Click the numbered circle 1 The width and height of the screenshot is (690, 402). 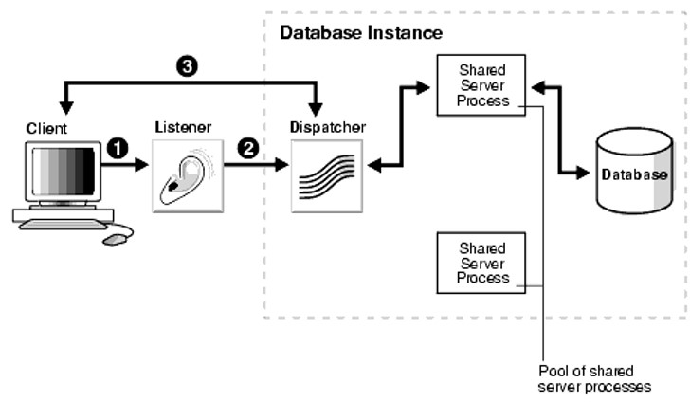pos(118,148)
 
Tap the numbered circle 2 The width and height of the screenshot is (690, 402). pos(248,148)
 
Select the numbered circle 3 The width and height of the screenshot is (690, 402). pos(187,66)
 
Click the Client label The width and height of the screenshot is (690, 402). pos(46,129)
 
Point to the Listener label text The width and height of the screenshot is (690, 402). pos(183,127)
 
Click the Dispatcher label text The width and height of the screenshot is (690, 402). pos(328,127)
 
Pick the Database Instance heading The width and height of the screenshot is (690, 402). pos(361,33)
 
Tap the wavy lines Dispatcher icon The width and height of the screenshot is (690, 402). pos(327,176)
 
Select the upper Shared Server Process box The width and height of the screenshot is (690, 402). pos(481,85)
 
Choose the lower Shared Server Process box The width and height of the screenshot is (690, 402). pos(481,263)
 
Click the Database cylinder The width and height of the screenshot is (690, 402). pos(634,171)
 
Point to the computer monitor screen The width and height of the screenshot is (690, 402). pos(64,172)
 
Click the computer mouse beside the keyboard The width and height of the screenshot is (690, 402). pos(115,239)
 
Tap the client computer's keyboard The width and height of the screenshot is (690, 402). pos(63,225)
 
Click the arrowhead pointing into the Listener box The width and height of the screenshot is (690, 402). pos(142,165)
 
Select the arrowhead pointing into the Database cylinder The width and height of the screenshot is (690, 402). pos(582,173)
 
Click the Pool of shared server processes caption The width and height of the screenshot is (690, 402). pos(594,378)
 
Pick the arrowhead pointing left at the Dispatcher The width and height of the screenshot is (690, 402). pos(374,166)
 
